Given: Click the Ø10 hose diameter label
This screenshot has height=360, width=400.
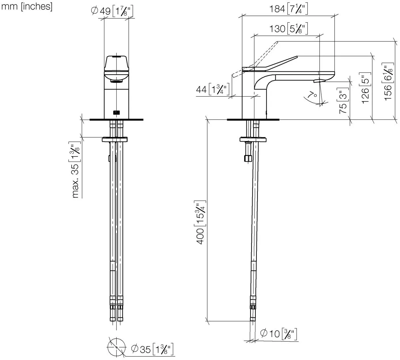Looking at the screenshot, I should click(x=278, y=333).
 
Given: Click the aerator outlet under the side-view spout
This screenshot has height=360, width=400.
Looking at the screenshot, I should click(x=319, y=81).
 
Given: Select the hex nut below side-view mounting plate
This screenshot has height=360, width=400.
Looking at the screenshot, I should click(x=247, y=158).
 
